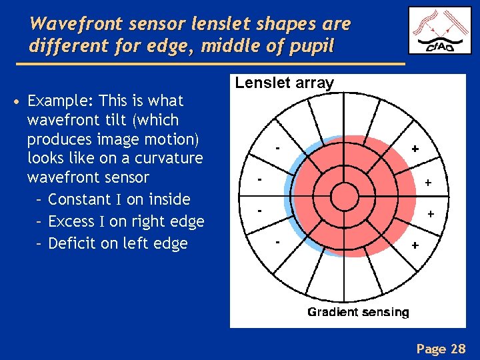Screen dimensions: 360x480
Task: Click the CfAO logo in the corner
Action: click(x=439, y=31)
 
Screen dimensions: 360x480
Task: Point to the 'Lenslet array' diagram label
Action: click(x=284, y=83)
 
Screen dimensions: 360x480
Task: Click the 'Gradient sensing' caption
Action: click(x=358, y=312)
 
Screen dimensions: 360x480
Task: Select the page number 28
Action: click(x=458, y=348)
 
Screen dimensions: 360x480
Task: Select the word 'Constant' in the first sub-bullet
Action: click(x=81, y=199)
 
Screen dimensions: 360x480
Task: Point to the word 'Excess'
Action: click(x=71, y=221)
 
